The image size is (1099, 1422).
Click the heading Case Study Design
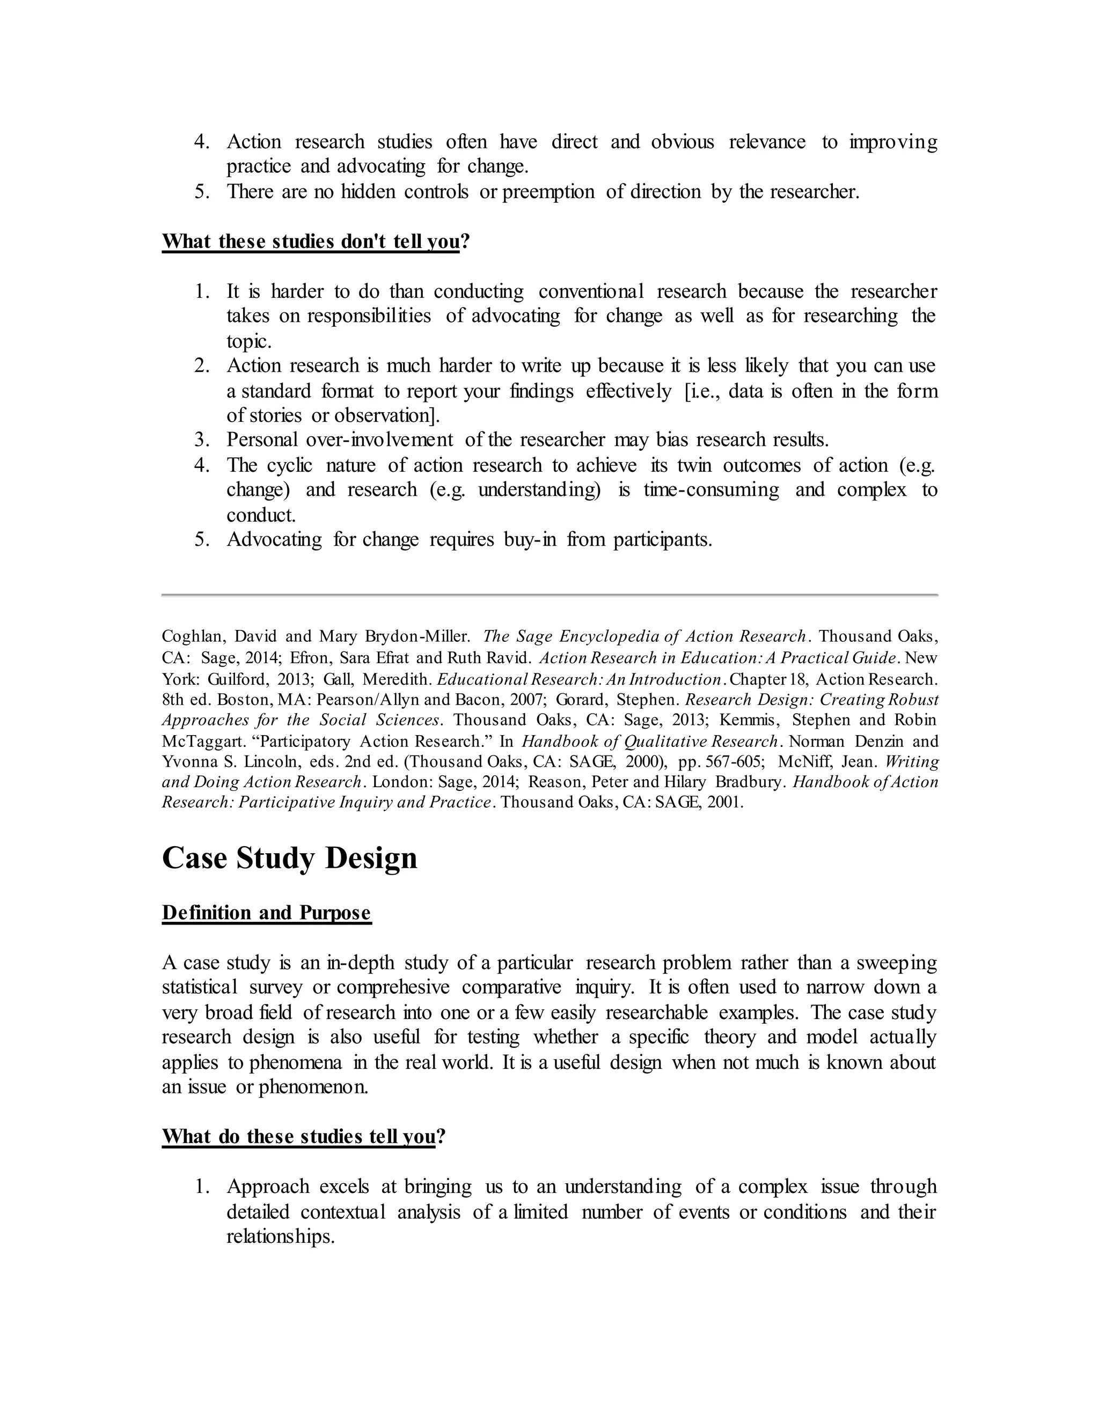click(x=289, y=858)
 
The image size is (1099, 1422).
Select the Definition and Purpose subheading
click(x=266, y=913)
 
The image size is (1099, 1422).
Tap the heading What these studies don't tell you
click(x=311, y=241)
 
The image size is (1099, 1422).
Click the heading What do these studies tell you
click(x=298, y=1137)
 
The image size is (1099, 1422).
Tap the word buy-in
click(x=530, y=540)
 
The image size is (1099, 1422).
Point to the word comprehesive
click(x=393, y=988)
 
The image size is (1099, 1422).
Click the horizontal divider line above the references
click(x=549, y=595)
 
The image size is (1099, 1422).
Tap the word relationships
click(x=280, y=1236)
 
